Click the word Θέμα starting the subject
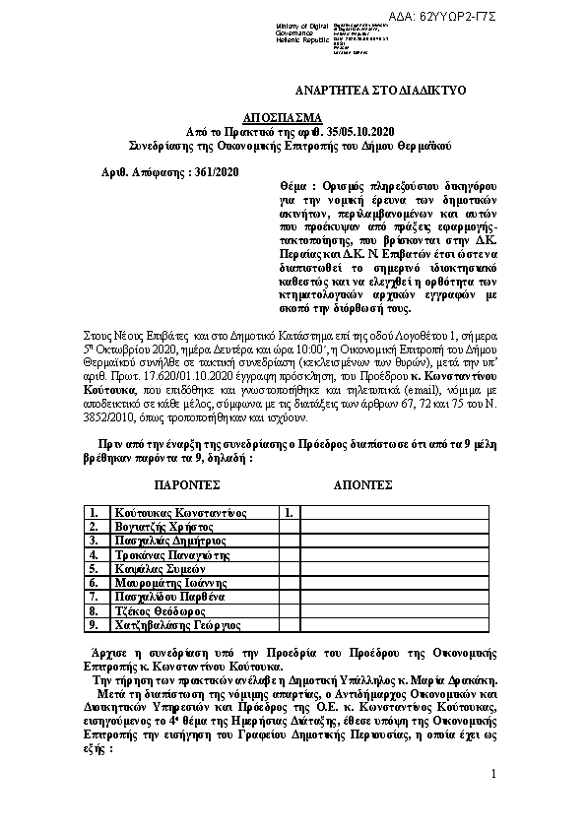(296, 186)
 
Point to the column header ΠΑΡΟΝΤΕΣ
(187, 485)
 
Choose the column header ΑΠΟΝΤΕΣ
(363, 485)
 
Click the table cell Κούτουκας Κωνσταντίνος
(178, 513)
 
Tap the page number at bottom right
(493, 776)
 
